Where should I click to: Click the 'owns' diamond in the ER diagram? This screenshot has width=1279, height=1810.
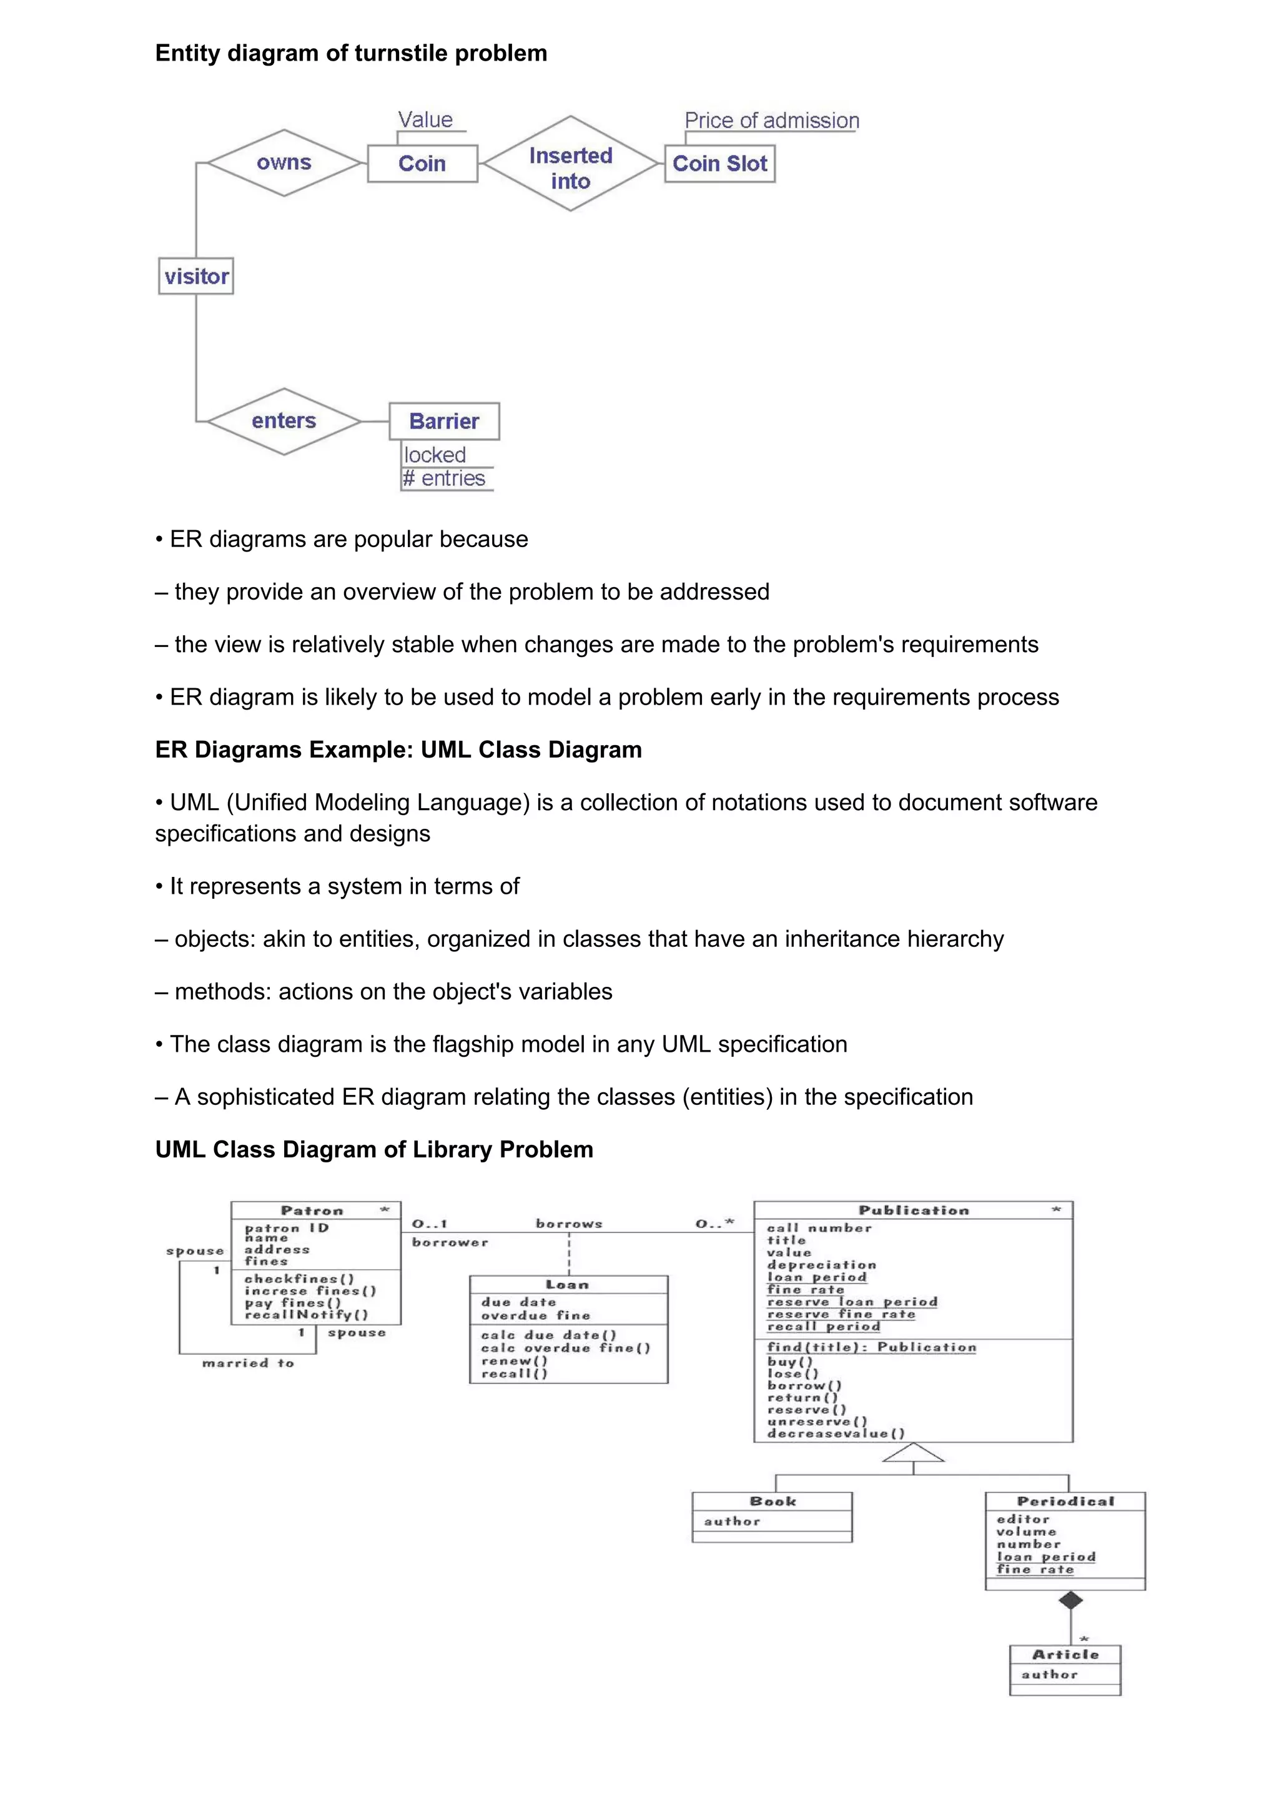(x=284, y=163)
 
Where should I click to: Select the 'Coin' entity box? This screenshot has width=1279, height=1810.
(x=422, y=164)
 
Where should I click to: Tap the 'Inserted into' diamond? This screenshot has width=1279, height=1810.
(x=571, y=164)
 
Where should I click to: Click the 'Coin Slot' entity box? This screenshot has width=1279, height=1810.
(x=719, y=164)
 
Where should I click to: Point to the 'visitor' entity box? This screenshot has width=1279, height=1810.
(x=196, y=277)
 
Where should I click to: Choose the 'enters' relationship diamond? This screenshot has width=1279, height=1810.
(x=284, y=421)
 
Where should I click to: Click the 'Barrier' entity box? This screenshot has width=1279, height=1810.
(x=445, y=421)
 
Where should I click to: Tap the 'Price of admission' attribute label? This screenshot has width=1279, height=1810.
(x=771, y=121)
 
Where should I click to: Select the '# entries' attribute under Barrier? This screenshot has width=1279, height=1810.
(x=445, y=478)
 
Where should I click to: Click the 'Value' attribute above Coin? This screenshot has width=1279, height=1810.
(x=425, y=120)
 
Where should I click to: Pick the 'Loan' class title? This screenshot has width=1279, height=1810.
(x=568, y=1285)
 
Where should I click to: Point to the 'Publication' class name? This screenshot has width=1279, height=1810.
(x=913, y=1210)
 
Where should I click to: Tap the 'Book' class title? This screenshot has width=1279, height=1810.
(x=773, y=1501)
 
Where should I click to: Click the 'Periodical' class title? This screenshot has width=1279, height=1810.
(x=1065, y=1501)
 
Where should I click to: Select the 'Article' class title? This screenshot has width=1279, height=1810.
(x=1065, y=1654)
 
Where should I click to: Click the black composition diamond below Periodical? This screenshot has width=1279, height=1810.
(x=1070, y=1600)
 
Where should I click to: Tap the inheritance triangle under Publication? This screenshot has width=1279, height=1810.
(x=913, y=1453)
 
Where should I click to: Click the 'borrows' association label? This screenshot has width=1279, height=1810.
(x=569, y=1224)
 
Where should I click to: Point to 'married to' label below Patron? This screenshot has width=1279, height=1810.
(x=248, y=1363)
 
